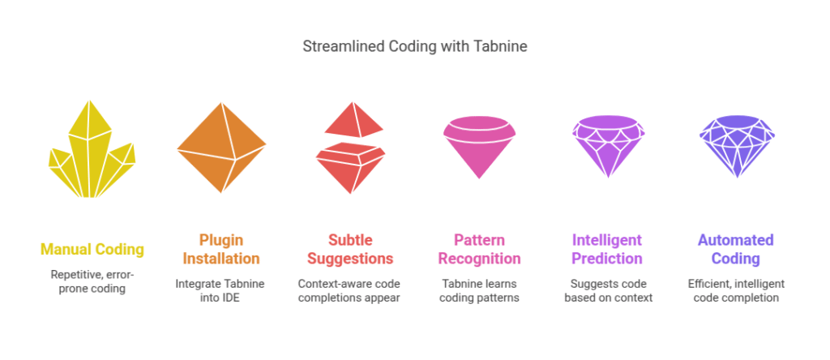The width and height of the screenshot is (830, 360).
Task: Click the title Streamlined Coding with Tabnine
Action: pos(414,46)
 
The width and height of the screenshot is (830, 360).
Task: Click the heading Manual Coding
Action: pos(92,250)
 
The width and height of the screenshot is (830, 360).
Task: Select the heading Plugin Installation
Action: pos(220,250)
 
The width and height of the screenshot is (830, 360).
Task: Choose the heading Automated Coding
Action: pos(736,250)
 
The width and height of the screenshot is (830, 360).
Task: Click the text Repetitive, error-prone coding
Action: pos(92,281)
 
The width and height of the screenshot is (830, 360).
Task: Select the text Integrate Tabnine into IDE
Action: pos(220,290)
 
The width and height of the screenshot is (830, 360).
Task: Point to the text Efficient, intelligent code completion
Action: pos(736,290)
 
